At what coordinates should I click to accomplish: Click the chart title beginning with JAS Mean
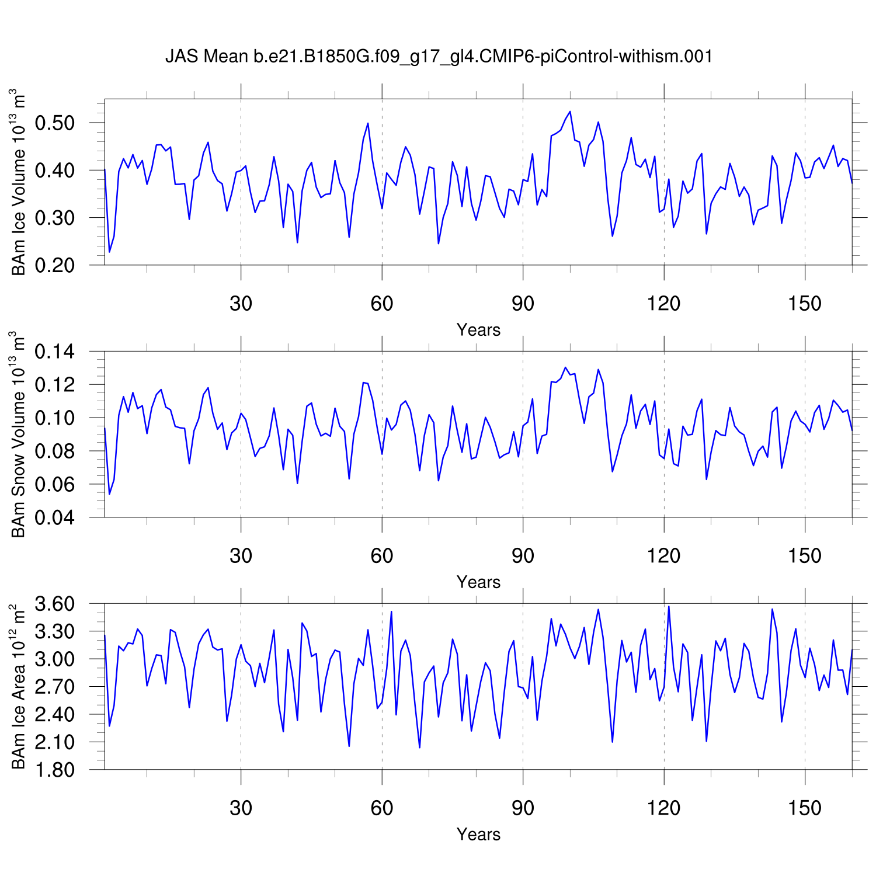click(439, 56)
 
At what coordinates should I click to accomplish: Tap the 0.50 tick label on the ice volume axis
click(55, 123)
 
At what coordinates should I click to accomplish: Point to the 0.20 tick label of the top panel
click(55, 265)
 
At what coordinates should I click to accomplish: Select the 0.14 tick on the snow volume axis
click(55, 352)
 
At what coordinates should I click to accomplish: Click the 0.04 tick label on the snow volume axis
click(55, 517)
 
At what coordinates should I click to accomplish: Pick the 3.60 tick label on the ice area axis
click(55, 604)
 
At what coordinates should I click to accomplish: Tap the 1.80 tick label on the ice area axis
click(55, 770)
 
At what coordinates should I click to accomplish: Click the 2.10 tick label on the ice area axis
click(55, 742)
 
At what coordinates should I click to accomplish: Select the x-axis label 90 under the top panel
click(523, 304)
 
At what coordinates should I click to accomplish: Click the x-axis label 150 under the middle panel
click(805, 556)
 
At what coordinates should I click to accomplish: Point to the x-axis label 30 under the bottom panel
click(241, 808)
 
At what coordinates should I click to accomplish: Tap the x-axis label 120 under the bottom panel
click(663, 808)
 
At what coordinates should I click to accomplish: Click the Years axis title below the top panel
click(478, 330)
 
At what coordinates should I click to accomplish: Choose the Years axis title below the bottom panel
click(478, 835)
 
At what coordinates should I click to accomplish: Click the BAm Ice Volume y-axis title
click(19, 182)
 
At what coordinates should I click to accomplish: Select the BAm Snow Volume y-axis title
click(19, 434)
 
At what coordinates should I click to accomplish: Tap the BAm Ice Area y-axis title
click(19, 687)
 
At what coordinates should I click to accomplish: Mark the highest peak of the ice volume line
click(570, 112)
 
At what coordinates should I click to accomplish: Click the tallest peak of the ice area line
click(669, 606)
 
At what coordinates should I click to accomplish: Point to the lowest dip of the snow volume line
click(109, 494)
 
